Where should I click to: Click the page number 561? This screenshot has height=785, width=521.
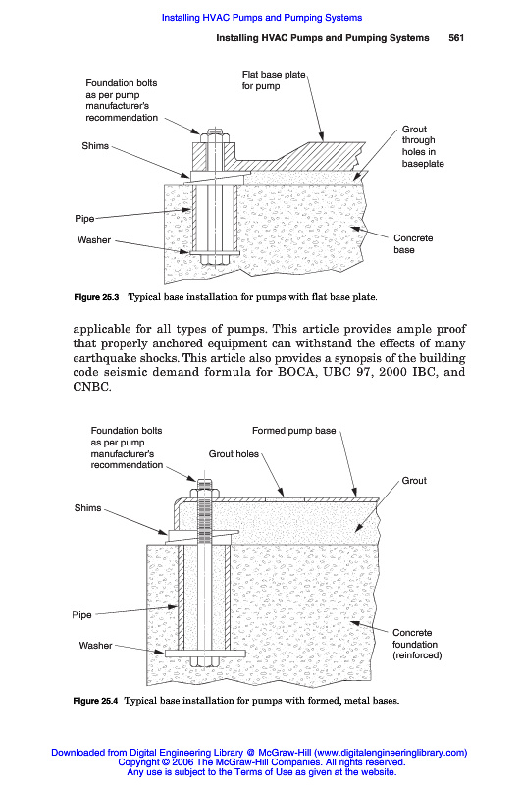pos(456,38)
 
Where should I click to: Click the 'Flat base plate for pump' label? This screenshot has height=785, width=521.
pos(274,80)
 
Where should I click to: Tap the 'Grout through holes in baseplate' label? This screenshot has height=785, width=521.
pos(423,146)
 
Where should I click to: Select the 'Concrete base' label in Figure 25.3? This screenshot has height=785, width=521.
pos(413,243)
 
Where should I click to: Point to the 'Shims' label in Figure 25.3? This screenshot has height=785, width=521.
pos(95,145)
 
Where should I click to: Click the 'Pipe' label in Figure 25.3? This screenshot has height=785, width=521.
pos(84,218)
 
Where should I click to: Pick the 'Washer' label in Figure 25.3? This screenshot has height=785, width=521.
pos(94,239)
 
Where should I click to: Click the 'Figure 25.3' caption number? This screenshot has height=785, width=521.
pos(96,297)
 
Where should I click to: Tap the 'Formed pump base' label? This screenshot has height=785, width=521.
pos(293,431)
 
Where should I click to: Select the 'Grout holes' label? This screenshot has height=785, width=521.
pos(234,454)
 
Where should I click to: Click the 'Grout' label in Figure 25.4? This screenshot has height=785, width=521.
pos(414,481)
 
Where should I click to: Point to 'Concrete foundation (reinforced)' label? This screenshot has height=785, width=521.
pos(417,644)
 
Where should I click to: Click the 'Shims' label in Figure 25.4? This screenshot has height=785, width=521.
pos(87,508)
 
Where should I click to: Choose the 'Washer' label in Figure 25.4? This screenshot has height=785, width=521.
pos(95,646)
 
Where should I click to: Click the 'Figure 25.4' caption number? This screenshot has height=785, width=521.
pos(95,701)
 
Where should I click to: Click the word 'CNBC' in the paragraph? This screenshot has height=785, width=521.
pos(90,387)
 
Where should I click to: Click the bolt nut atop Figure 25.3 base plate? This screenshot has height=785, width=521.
pos(215,136)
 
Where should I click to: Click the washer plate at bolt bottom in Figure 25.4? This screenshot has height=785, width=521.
pos(205,654)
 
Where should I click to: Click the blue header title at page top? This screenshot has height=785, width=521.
pos(262,18)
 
